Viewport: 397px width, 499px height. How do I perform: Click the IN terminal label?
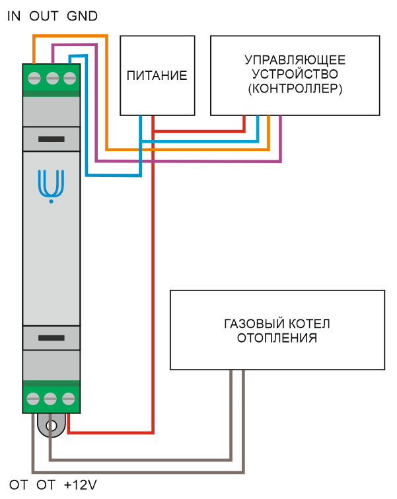coord(14,17)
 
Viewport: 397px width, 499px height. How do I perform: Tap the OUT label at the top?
coord(44,17)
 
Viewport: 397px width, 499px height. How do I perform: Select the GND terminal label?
coord(82,17)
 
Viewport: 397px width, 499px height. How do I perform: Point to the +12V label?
coord(80,485)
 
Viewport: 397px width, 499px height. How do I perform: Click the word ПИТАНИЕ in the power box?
coord(157,76)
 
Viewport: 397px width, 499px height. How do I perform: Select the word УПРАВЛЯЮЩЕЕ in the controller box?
coord(295,60)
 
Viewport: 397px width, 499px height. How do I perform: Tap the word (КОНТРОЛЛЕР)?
coord(295,89)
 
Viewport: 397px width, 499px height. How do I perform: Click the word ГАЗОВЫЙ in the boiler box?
coord(254,323)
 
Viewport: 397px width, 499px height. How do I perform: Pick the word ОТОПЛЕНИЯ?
coord(277,338)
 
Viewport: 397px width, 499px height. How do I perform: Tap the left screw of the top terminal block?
coord(34,78)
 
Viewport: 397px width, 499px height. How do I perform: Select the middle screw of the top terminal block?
coord(53,78)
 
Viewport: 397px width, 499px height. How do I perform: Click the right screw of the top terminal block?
coord(70,78)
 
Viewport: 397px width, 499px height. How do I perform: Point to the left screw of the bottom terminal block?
coord(33,399)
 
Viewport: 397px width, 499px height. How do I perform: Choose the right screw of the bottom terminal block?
coord(69,399)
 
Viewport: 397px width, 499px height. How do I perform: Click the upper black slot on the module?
coord(52,139)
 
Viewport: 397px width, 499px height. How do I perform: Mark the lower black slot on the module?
coord(52,338)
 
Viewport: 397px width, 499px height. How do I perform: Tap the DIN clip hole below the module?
coord(52,426)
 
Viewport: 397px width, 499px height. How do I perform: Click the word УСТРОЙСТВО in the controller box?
coord(295,75)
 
